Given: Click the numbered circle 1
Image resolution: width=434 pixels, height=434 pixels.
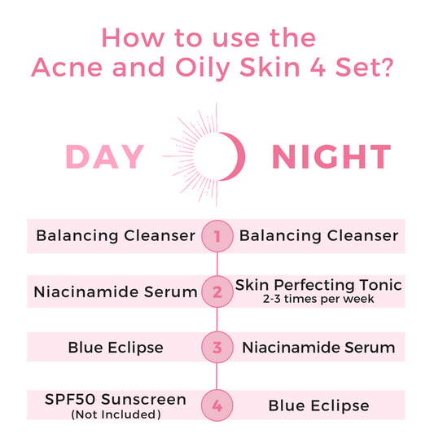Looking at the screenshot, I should pyautogui.click(x=217, y=236).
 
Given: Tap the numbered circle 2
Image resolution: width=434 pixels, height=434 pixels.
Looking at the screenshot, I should pyautogui.click(x=217, y=292).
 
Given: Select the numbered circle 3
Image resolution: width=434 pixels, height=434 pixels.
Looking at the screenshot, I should pyautogui.click(x=217, y=348).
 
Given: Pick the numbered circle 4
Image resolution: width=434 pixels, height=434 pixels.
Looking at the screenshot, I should pyautogui.click(x=217, y=405).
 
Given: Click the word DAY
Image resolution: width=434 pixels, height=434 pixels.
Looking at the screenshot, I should pyautogui.click(x=105, y=157).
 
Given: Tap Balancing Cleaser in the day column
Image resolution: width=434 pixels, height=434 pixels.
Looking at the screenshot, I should pyautogui.click(x=116, y=236).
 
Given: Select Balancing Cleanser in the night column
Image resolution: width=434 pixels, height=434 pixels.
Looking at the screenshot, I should pyautogui.click(x=318, y=236).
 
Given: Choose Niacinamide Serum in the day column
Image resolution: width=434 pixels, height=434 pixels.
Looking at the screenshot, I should pyautogui.click(x=115, y=292).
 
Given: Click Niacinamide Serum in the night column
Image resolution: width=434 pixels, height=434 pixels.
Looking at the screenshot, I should pyautogui.click(x=318, y=348).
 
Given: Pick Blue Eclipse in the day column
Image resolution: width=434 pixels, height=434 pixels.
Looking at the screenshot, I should pyautogui.click(x=115, y=348).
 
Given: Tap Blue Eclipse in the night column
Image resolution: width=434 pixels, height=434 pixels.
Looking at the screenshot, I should pyautogui.click(x=318, y=405).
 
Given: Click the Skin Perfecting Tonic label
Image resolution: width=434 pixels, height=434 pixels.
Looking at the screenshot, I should pyautogui.click(x=318, y=286).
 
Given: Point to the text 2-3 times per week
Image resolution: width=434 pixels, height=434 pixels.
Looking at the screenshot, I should pyautogui.click(x=318, y=300).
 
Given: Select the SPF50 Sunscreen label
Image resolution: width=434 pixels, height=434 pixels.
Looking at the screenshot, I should pyautogui.click(x=115, y=399).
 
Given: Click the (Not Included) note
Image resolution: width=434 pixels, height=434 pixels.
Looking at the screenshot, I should pyautogui.click(x=115, y=414).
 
